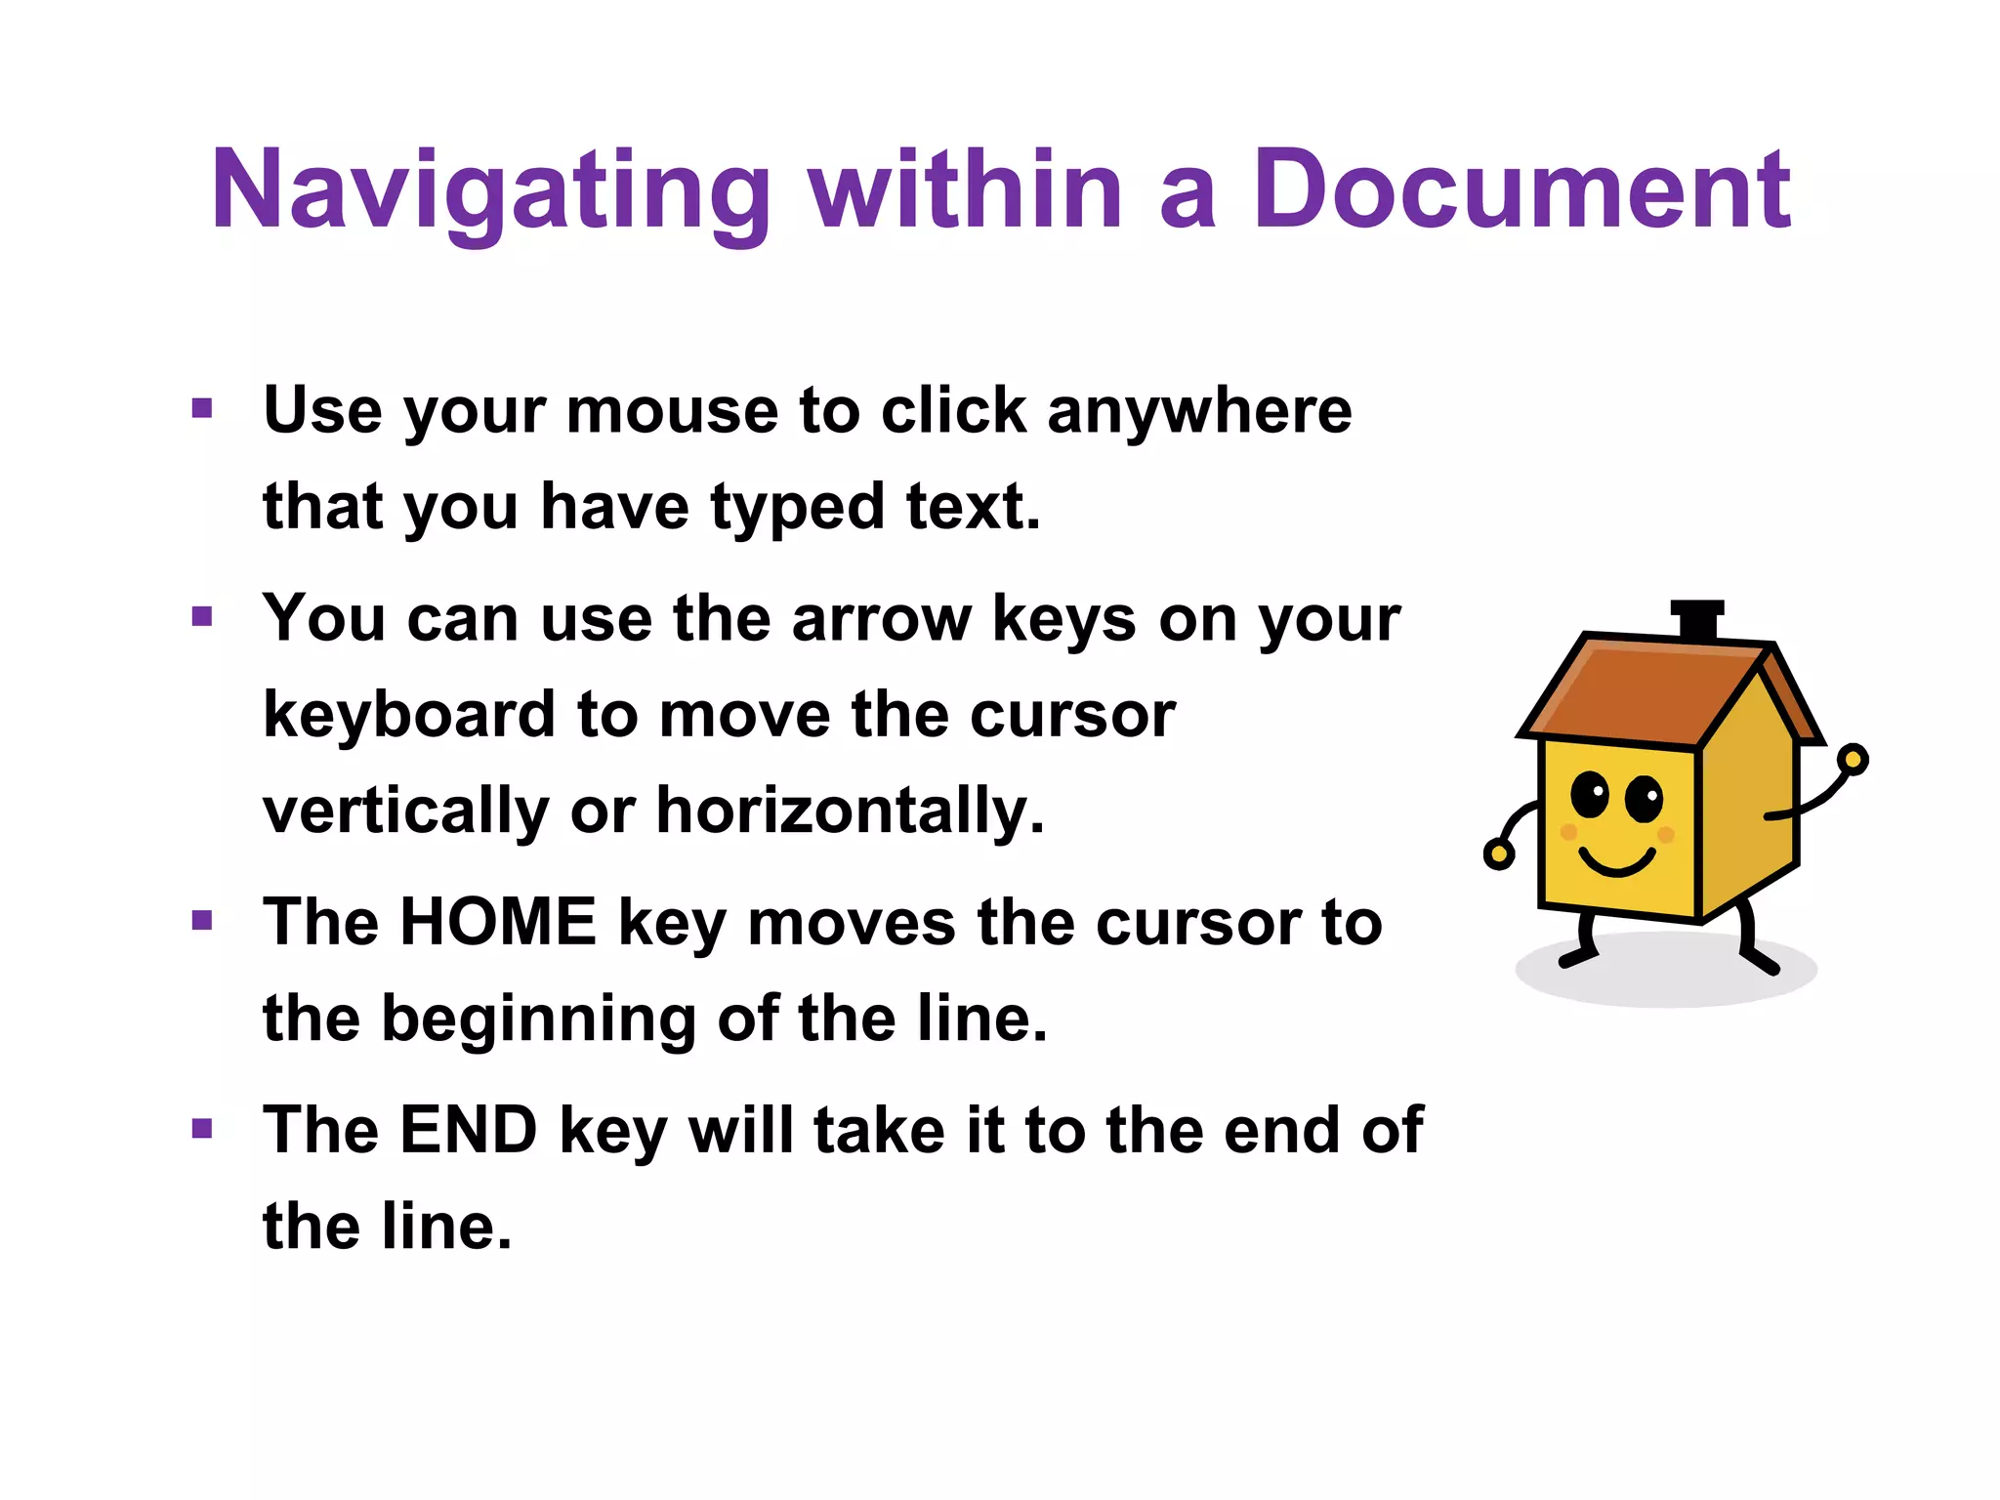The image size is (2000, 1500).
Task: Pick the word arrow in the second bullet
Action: click(881, 618)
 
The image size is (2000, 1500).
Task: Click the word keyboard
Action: click(409, 715)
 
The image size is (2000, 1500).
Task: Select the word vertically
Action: click(406, 812)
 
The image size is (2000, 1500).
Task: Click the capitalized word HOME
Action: click(498, 922)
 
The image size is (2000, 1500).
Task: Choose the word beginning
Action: click(538, 1020)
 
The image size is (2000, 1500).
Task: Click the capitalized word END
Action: click(469, 1130)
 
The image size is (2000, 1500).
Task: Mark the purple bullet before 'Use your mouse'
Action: click(202, 408)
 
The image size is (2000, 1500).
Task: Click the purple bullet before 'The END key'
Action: click(202, 1129)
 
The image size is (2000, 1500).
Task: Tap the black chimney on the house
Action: click(1697, 620)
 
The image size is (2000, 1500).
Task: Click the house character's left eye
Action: click(1589, 794)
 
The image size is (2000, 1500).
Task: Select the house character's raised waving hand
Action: click(1852, 759)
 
